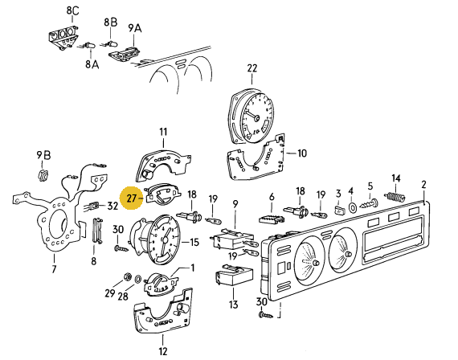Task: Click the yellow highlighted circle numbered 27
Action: coord(132,198)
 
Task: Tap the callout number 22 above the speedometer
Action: coord(252,68)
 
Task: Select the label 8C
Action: coord(72,10)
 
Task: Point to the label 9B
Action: coord(43,155)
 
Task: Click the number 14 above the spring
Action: coord(396,178)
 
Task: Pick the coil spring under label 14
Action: coord(395,197)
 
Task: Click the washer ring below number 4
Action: coord(352,207)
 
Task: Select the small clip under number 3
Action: coord(339,210)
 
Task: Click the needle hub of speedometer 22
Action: coord(257,118)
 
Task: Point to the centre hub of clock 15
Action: coord(165,240)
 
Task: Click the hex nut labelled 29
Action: coord(127,276)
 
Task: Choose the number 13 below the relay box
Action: coord(233,305)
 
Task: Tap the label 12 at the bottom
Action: coord(162,351)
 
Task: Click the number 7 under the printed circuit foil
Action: coord(54,269)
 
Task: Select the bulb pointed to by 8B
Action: coord(109,44)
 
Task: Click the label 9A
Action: coord(135,28)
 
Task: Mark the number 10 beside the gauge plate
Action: coord(302,153)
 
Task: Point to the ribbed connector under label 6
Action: coord(271,219)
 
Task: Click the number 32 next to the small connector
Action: coord(112,206)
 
